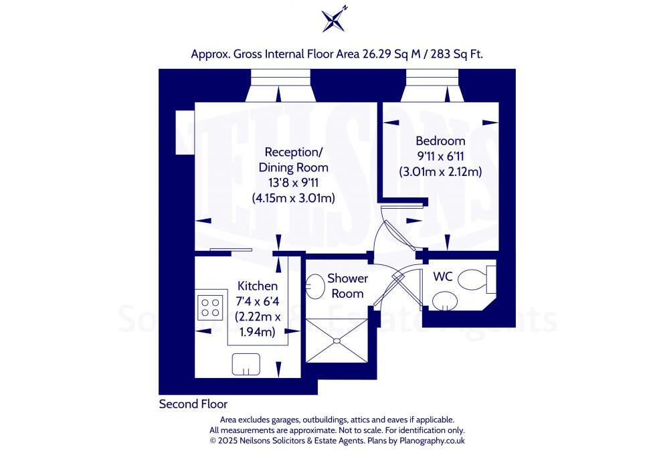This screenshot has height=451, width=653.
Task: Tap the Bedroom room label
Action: tap(440, 141)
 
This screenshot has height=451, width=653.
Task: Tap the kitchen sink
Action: tap(246, 365)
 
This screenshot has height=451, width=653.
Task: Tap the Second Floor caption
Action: tap(193, 404)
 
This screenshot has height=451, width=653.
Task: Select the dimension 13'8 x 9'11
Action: tap(294, 183)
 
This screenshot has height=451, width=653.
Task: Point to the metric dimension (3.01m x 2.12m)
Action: tap(440, 171)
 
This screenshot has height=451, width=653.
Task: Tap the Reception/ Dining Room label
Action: tap(295, 159)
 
